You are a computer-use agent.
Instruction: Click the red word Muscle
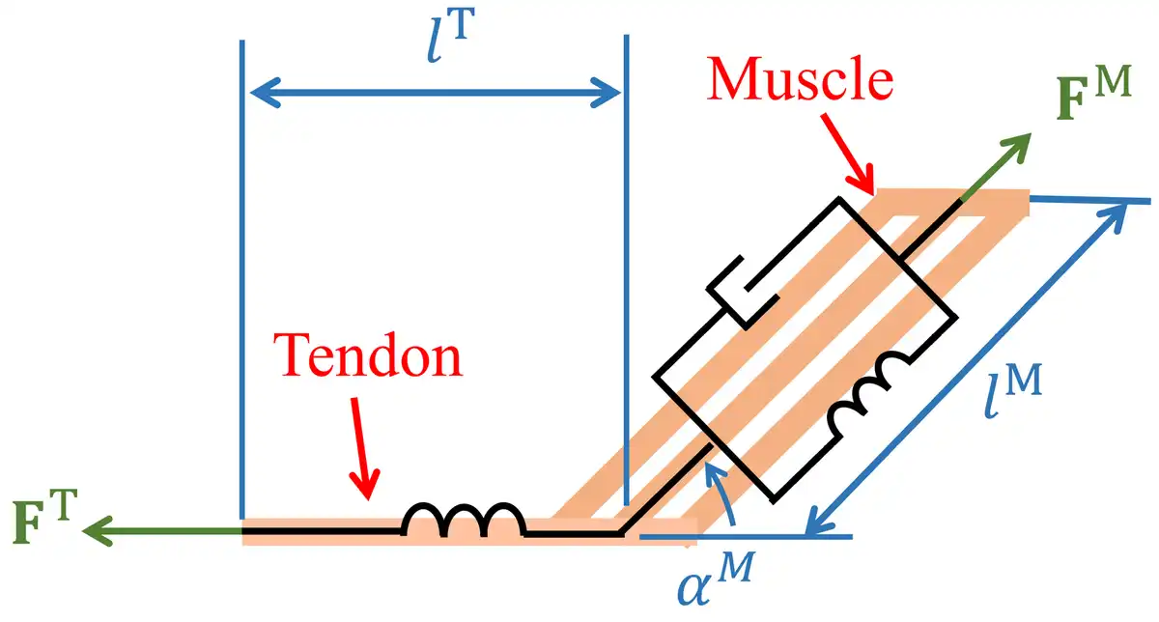(800, 79)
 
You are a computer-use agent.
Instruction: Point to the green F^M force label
(1093, 94)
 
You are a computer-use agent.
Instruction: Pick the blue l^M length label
(1012, 391)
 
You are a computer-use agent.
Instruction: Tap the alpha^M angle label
(716, 579)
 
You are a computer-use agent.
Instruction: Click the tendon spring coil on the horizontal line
(464, 520)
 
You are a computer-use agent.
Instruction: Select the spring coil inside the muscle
(868, 393)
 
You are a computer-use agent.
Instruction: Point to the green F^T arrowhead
(99, 531)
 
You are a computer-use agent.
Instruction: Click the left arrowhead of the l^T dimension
(266, 93)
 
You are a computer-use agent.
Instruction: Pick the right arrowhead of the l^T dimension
(606, 93)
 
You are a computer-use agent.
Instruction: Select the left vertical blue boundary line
(242, 279)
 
